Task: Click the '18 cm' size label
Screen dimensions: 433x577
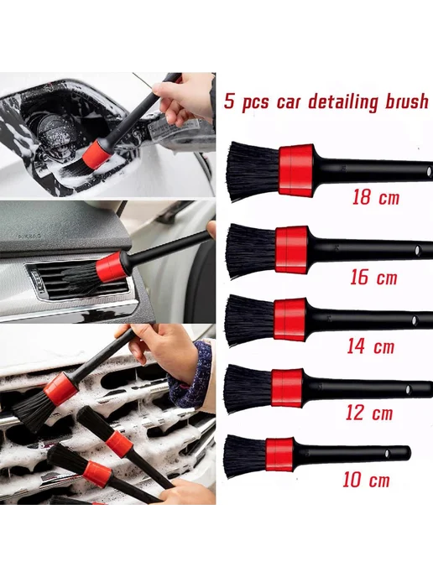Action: point(376,197)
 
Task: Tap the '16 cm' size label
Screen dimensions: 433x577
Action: point(373,277)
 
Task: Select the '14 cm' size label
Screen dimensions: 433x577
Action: point(370,346)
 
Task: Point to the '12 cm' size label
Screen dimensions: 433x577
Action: point(369,412)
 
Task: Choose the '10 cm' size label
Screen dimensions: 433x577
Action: point(366,480)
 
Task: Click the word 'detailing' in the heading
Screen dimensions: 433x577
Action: point(343,102)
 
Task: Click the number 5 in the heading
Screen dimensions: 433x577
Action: point(229,101)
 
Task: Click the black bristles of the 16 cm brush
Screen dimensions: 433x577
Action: point(251,251)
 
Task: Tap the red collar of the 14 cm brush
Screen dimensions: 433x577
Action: point(290,319)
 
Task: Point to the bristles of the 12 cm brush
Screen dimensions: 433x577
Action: point(248,388)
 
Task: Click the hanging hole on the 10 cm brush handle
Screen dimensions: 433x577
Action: point(388,454)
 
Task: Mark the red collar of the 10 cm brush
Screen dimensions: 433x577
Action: point(279,455)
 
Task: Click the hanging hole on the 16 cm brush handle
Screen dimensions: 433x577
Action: point(418,251)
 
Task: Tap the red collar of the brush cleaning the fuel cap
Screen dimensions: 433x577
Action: point(97,153)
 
